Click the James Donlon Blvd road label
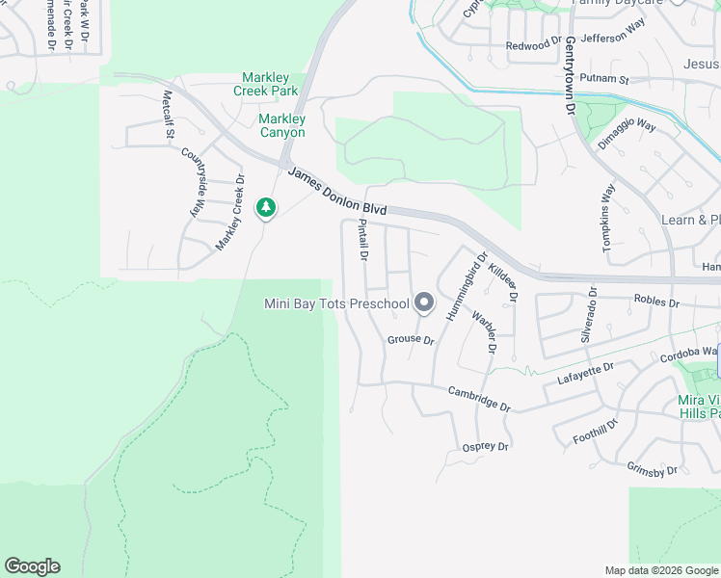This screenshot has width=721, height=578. tap(337, 190)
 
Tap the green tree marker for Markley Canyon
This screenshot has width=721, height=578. tap(265, 207)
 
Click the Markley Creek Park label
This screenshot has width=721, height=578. tap(265, 84)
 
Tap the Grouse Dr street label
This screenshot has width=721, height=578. tap(412, 340)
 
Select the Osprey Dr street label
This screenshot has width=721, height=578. tap(485, 447)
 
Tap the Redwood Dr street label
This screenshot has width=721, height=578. tap(533, 45)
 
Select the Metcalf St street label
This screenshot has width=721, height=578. tap(168, 114)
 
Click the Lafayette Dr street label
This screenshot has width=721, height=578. tap(586, 375)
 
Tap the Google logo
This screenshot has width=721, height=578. tap(32, 566)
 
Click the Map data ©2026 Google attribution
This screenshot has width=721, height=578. tap(660, 570)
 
